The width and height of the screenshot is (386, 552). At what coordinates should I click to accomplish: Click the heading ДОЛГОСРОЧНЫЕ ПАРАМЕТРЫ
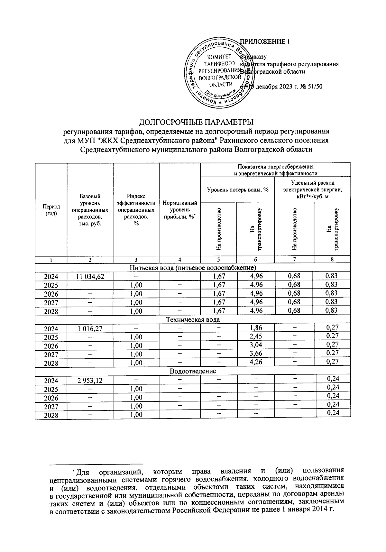point(196,123)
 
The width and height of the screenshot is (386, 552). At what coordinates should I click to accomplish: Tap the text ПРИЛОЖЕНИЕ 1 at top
point(265,41)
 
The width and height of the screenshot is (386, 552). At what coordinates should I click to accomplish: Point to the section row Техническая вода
point(193,319)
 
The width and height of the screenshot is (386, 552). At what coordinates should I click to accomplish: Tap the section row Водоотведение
point(193,371)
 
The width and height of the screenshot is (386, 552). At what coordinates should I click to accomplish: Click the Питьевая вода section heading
point(193,267)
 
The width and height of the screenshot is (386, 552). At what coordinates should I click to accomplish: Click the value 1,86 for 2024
point(256,328)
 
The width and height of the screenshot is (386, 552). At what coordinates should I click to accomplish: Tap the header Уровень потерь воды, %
point(237,189)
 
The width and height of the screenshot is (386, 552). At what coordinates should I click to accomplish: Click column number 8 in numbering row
point(332,260)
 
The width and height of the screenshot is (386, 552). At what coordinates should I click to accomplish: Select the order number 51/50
point(316,86)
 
